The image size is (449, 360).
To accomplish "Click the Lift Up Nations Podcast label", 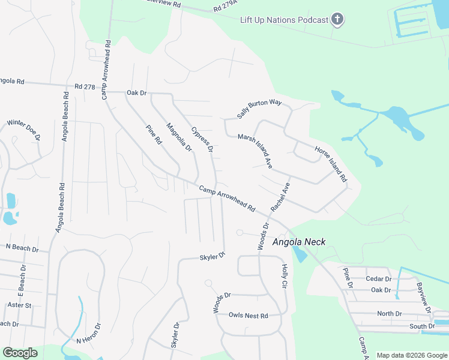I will [284, 20].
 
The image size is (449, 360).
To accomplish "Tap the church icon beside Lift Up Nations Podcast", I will [337, 20].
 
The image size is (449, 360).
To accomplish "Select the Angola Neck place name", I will [299, 242].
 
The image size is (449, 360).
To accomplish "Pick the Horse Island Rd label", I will [331, 163].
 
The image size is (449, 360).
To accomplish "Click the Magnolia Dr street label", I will [178, 137].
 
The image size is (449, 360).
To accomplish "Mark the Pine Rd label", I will [154, 134].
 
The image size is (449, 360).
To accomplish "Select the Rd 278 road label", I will [85, 87].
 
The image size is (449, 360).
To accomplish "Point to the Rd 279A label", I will [226, 9].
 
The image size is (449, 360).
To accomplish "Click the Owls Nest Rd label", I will [248, 316].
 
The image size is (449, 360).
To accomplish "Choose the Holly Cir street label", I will [285, 277].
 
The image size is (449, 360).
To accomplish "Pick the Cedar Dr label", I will [378, 279].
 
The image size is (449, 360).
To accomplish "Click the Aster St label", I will [19, 305].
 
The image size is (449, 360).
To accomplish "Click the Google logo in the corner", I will [20, 353].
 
